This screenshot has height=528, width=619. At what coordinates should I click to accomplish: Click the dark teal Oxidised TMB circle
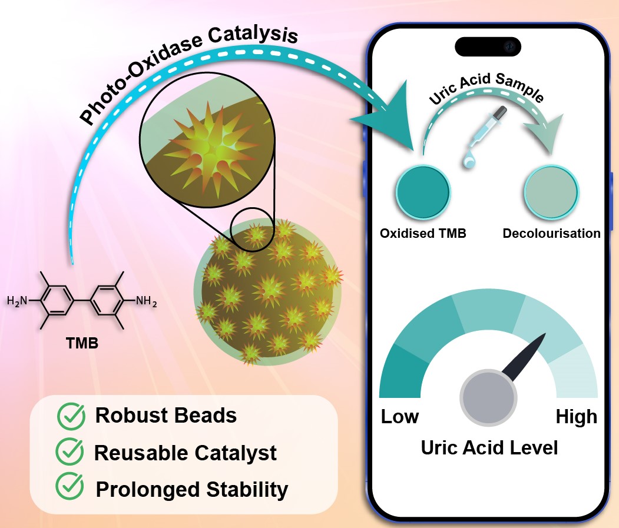point(422,192)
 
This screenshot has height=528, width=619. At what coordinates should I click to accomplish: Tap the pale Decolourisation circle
point(551,192)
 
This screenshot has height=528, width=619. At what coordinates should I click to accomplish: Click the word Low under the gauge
point(400,417)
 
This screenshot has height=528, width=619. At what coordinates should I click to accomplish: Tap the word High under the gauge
point(576,417)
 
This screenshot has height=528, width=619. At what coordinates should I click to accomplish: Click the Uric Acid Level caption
point(489,447)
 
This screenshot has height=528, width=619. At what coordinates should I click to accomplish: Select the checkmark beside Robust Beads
point(71,416)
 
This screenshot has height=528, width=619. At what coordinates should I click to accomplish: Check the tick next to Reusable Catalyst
point(69,453)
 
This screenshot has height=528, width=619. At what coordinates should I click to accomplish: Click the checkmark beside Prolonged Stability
point(69,488)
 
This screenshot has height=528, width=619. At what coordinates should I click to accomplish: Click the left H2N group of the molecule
point(18,301)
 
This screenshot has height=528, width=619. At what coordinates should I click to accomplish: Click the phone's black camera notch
point(488,46)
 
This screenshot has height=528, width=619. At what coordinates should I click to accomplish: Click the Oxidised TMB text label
point(423,233)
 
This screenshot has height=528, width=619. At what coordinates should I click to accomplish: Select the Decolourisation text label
point(551,233)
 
